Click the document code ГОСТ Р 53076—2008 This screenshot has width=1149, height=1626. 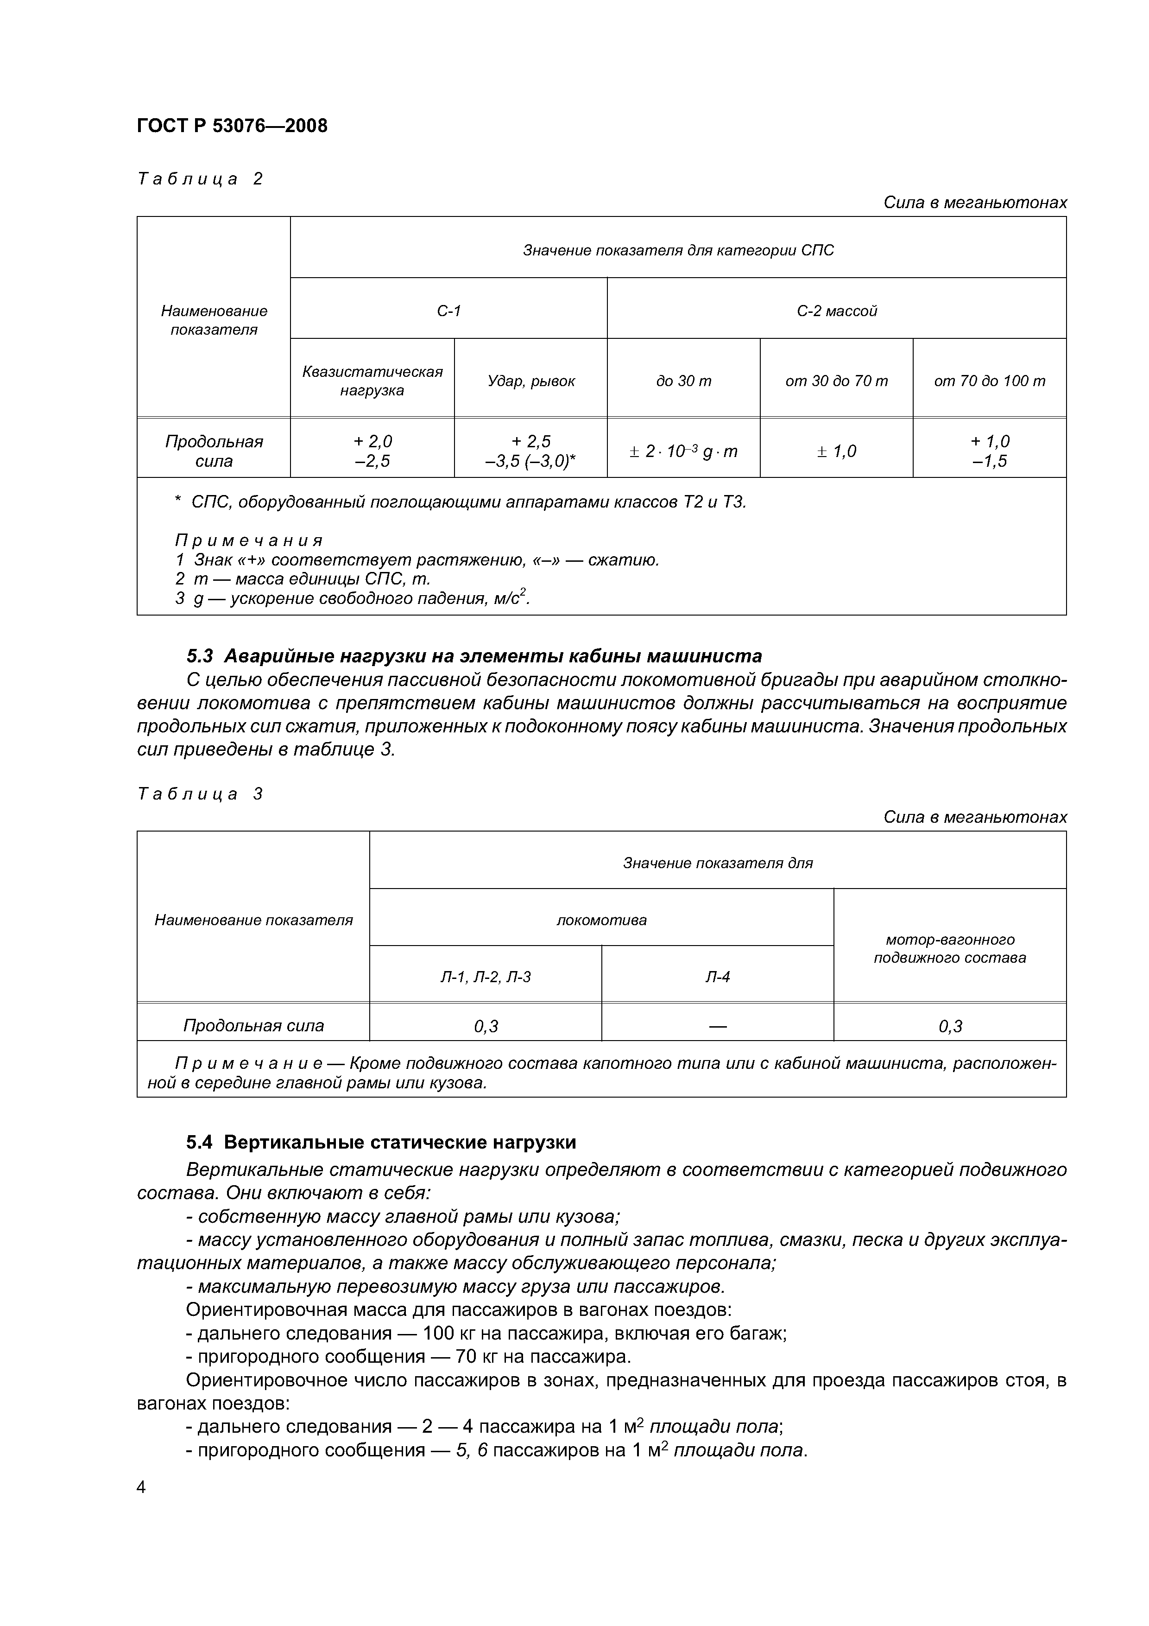point(232,126)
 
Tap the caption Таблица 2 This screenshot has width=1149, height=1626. point(200,179)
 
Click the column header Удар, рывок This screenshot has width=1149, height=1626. point(531,381)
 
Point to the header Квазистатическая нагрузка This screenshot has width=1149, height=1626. point(372,381)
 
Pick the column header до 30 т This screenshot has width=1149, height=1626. point(683,381)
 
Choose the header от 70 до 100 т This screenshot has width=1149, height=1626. point(989,381)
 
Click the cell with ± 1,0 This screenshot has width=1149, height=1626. point(836,451)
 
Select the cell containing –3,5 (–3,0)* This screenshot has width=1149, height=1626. point(531,461)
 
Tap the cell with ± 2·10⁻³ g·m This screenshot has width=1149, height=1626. point(683,451)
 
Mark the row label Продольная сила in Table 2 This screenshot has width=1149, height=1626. point(214,451)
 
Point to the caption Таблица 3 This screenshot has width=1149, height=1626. point(200,794)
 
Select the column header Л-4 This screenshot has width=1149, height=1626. point(717,977)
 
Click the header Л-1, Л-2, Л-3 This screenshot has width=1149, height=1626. point(486,977)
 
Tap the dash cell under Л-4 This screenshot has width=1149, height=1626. point(717,1025)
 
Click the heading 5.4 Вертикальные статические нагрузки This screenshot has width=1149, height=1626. point(381,1142)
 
